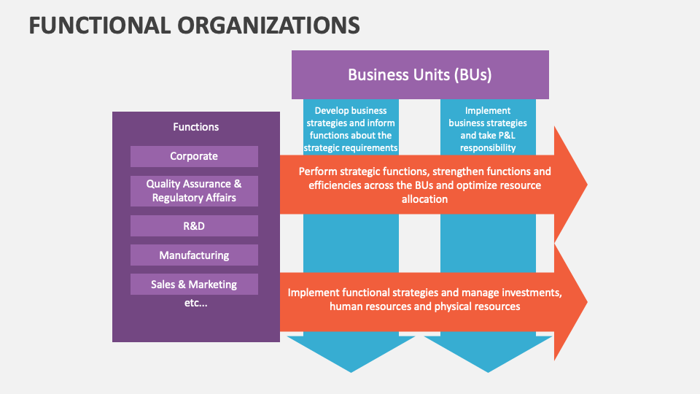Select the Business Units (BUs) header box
[420, 74]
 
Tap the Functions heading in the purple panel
[195, 127]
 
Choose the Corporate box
[194, 156]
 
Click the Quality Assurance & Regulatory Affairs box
[194, 191]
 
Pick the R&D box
[194, 226]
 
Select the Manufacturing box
[194, 255]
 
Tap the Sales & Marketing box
[194, 285]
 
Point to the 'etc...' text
[195, 303]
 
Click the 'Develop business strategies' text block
[351, 129]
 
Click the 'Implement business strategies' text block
[488, 129]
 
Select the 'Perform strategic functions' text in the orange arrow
[424, 185]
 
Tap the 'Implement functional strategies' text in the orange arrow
[424, 299]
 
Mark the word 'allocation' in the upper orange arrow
[424, 198]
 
